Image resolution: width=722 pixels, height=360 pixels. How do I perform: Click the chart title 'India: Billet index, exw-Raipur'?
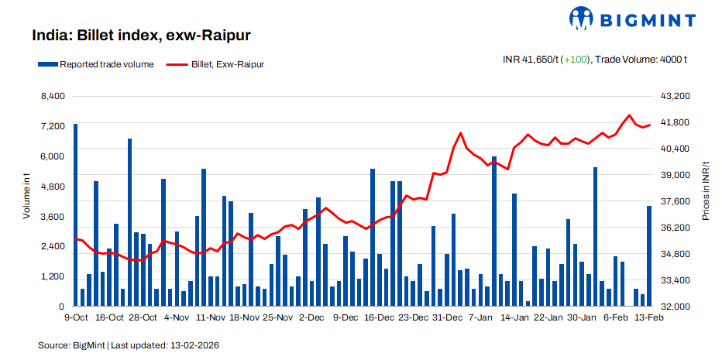click(x=140, y=36)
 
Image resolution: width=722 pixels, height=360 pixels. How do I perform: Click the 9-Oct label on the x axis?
click(x=75, y=317)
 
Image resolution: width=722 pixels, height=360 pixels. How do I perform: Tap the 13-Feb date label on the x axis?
click(x=648, y=317)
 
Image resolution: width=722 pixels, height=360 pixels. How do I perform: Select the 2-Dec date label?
click(x=311, y=317)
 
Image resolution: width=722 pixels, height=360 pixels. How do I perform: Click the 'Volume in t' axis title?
click(x=26, y=198)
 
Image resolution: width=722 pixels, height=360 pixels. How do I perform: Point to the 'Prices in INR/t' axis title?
click(x=705, y=192)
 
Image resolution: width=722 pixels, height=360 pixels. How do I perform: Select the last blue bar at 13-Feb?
click(x=649, y=256)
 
